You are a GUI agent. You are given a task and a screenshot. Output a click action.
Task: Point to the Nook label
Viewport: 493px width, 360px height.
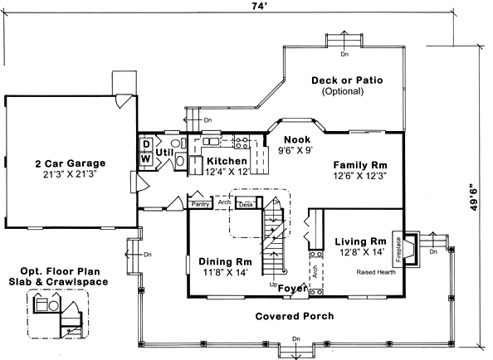tap(296, 140)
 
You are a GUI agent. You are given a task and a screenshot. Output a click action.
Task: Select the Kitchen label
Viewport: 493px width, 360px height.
tap(227, 161)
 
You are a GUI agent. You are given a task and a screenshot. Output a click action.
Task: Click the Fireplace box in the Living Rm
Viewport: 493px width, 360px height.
tap(399, 248)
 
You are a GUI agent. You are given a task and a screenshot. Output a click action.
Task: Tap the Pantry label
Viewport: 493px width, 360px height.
tap(200, 203)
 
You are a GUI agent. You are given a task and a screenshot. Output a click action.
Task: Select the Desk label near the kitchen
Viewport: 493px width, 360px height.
tap(247, 204)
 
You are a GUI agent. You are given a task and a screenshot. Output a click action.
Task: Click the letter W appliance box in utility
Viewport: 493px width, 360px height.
tap(144, 158)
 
